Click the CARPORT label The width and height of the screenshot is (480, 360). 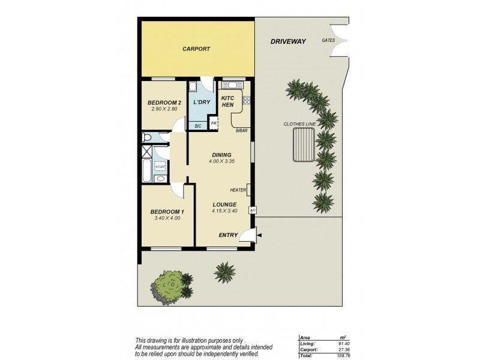tap(196, 49)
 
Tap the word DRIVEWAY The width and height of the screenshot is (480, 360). tap(288, 41)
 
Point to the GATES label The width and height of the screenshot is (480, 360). tap(328, 41)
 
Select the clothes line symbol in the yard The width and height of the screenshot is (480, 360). tap(303, 148)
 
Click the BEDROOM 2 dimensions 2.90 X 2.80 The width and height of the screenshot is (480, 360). tap(164, 110)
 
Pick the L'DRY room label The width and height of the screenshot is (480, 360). tap(201, 103)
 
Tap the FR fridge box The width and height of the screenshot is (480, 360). tap(214, 124)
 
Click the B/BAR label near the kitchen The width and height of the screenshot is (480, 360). tap(241, 130)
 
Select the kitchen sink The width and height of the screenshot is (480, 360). tap(232, 85)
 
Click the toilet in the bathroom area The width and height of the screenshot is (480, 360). tap(146, 137)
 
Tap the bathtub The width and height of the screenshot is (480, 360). tap(146, 170)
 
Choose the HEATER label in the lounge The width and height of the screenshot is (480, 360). tap(238, 190)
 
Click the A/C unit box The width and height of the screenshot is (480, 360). tap(252, 210)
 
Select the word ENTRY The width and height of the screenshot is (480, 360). tap(227, 235)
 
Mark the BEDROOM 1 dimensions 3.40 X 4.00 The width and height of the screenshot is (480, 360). tap(167, 219)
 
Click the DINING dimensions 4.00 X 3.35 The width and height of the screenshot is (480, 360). tap(220, 161)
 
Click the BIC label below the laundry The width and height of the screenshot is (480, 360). tap(198, 126)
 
